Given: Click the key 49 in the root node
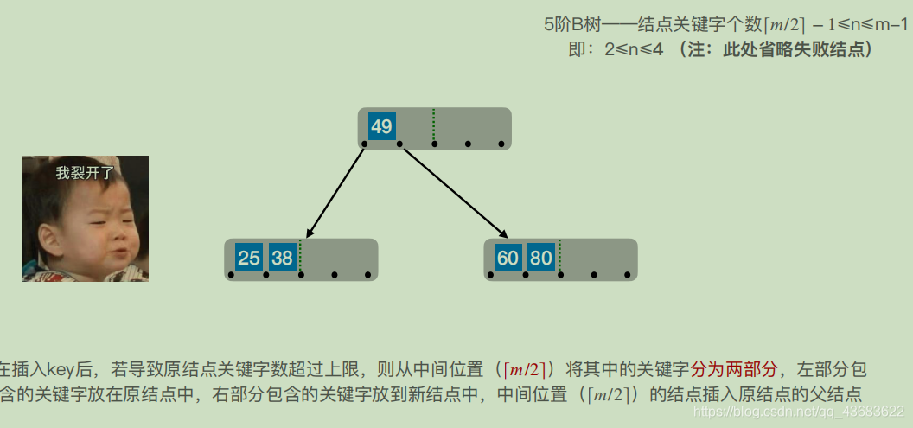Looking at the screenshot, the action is (381, 126).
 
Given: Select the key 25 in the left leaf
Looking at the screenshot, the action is (249, 258).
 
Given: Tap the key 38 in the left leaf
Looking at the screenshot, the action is (282, 258).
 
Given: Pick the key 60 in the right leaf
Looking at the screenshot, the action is (508, 258).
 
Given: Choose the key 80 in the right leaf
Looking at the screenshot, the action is (541, 258).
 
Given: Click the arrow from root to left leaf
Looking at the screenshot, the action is (335, 191).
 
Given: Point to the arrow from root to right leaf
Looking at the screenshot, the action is (453, 191).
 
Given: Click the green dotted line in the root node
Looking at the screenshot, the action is (433, 126).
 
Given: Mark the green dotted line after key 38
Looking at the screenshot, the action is (300, 257).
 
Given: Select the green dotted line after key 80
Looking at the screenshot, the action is (559, 257).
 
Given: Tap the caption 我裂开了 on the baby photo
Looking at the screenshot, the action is (85, 173).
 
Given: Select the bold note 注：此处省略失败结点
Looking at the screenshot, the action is (776, 49).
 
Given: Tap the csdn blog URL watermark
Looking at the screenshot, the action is (799, 412).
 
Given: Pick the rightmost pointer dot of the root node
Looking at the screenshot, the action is (501, 144).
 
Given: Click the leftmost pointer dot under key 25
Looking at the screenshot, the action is (232, 275).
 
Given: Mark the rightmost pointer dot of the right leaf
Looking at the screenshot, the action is (628, 275).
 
